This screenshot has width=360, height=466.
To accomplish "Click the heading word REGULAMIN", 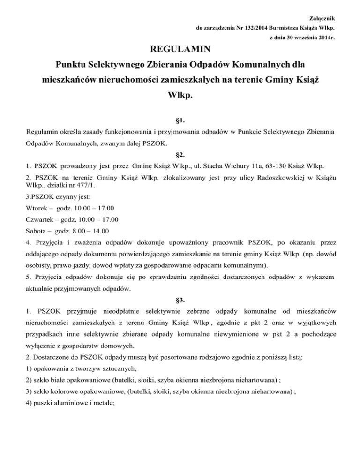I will (180, 48).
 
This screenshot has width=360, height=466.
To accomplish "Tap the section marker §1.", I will (180, 120).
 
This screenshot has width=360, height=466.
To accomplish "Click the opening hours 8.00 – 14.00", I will (90, 231).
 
